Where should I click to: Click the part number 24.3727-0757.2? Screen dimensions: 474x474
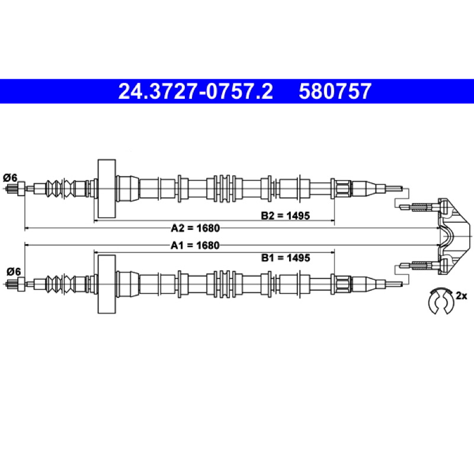pos(196,91)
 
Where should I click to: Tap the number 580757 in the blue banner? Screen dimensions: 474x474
pos(335,91)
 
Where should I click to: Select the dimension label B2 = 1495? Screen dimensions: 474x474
pos(286,216)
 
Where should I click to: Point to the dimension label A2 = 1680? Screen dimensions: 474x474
pos(196,228)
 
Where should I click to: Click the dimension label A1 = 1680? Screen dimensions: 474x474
pos(195,245)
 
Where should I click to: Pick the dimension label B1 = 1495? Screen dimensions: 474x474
pos(286,258)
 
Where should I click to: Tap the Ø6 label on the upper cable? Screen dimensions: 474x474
pos(10,178)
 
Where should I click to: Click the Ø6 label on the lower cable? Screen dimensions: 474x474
pos(14,272)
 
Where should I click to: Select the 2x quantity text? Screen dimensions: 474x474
pos(462,295)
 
